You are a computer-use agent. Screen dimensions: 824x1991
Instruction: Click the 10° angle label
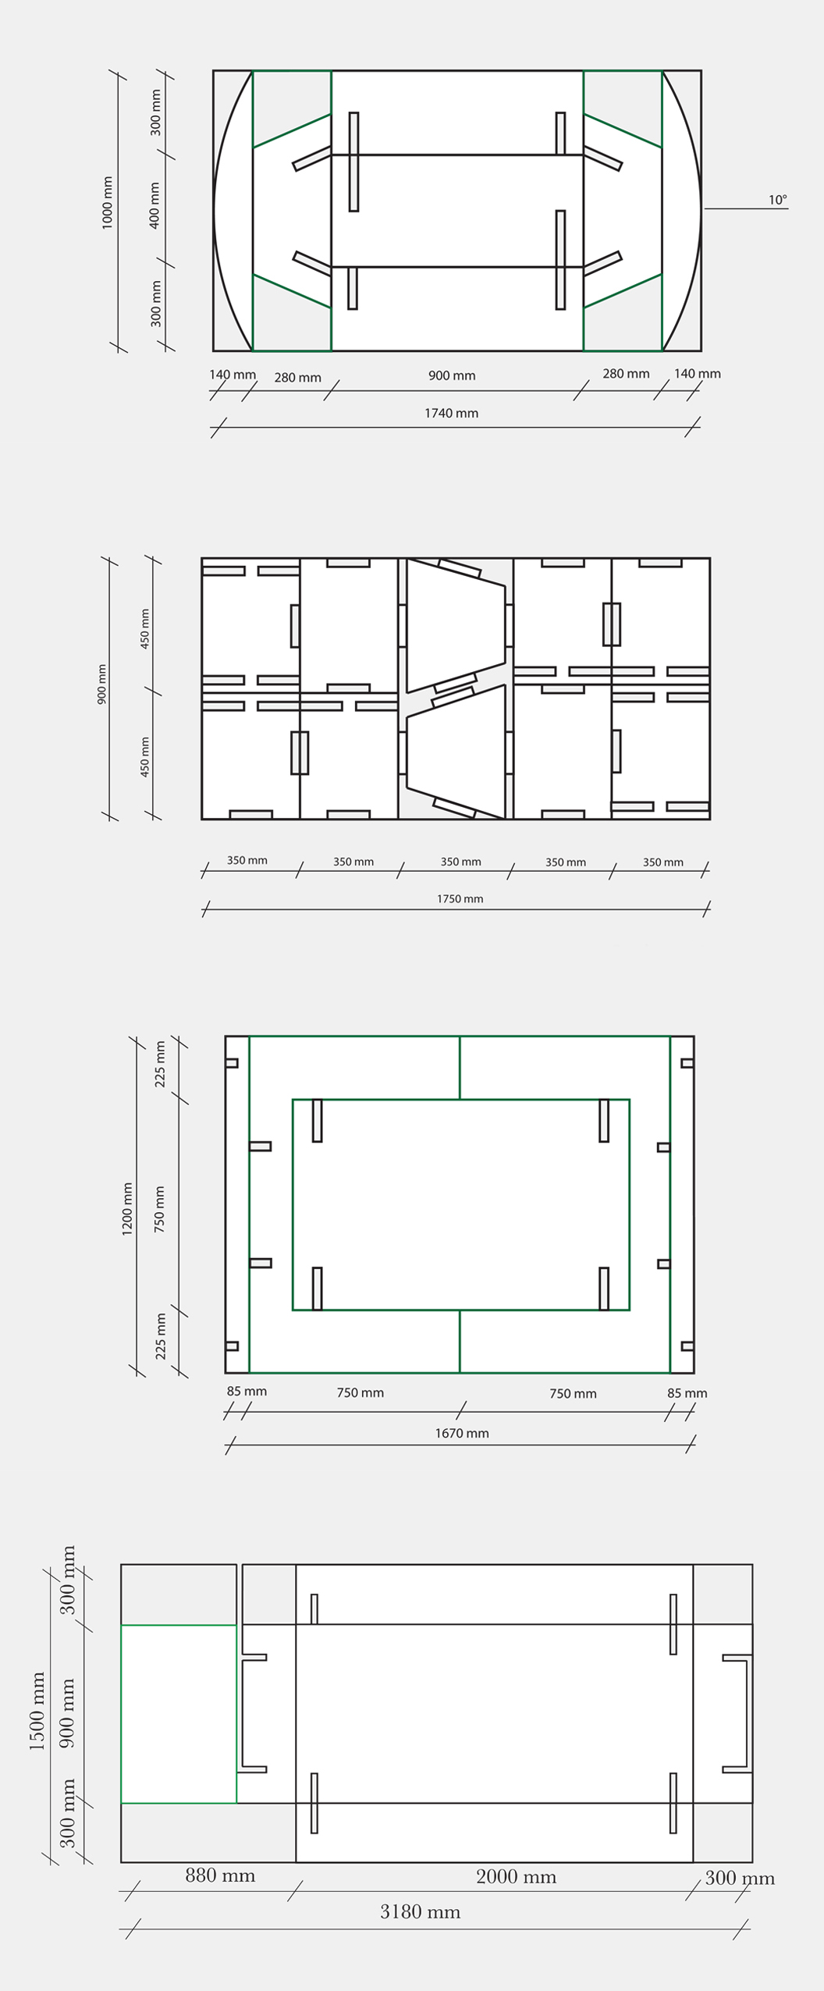coord(777,200)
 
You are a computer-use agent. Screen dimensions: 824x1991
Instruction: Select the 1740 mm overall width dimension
coord(451,413)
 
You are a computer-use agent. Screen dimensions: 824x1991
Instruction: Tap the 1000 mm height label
coord(108,203)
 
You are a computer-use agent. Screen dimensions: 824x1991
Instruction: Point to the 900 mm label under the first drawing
coord(452,375)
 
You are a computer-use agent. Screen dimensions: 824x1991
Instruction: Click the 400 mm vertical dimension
coord(154,205)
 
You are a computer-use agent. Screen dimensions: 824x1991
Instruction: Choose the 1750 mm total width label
coord(460,899)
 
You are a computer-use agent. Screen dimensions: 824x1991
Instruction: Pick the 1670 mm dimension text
coord(462,1433)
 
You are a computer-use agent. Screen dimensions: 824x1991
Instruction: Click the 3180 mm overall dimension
coord(420,1911)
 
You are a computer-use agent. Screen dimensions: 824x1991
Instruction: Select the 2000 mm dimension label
coord(516,1877)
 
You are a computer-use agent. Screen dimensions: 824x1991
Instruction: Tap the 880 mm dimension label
coord(220,1875)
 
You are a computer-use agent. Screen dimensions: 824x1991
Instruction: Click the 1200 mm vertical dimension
coord(127,1209)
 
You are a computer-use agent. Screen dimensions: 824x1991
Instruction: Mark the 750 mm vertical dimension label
coord(159,1209)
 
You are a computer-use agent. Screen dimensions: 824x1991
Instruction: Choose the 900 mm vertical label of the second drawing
coord(102,684)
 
